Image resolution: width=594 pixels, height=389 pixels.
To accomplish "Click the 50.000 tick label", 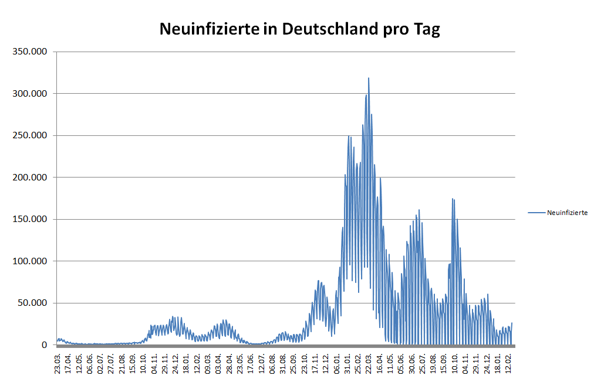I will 32,303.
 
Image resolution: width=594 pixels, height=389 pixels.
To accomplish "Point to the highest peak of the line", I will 369,78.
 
